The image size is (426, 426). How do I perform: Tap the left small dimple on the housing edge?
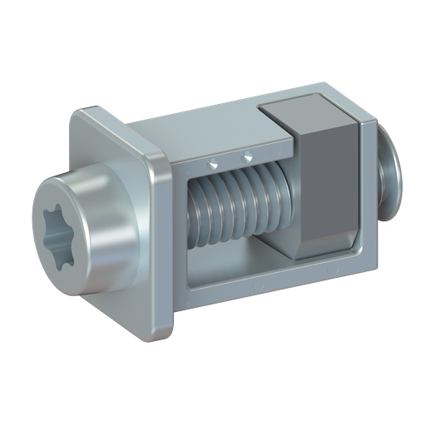214,160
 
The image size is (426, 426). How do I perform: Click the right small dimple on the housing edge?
246,156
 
